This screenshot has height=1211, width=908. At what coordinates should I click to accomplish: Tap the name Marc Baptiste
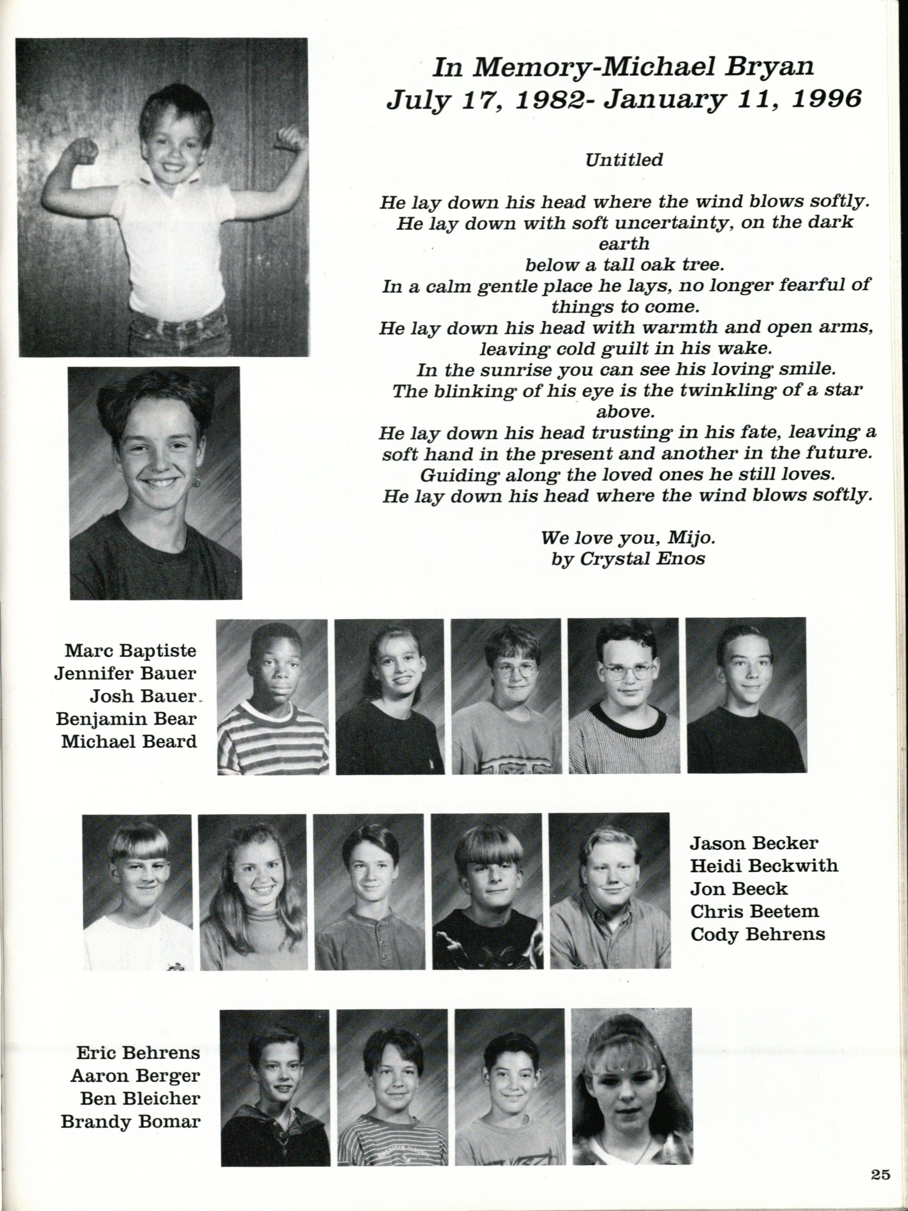[x=130, y=651]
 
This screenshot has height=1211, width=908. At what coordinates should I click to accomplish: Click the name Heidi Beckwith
[x=764, y=866]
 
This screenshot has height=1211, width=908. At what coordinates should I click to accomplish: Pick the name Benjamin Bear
[x=126, y=719]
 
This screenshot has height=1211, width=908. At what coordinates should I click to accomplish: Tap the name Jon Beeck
[x=738, y=888]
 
